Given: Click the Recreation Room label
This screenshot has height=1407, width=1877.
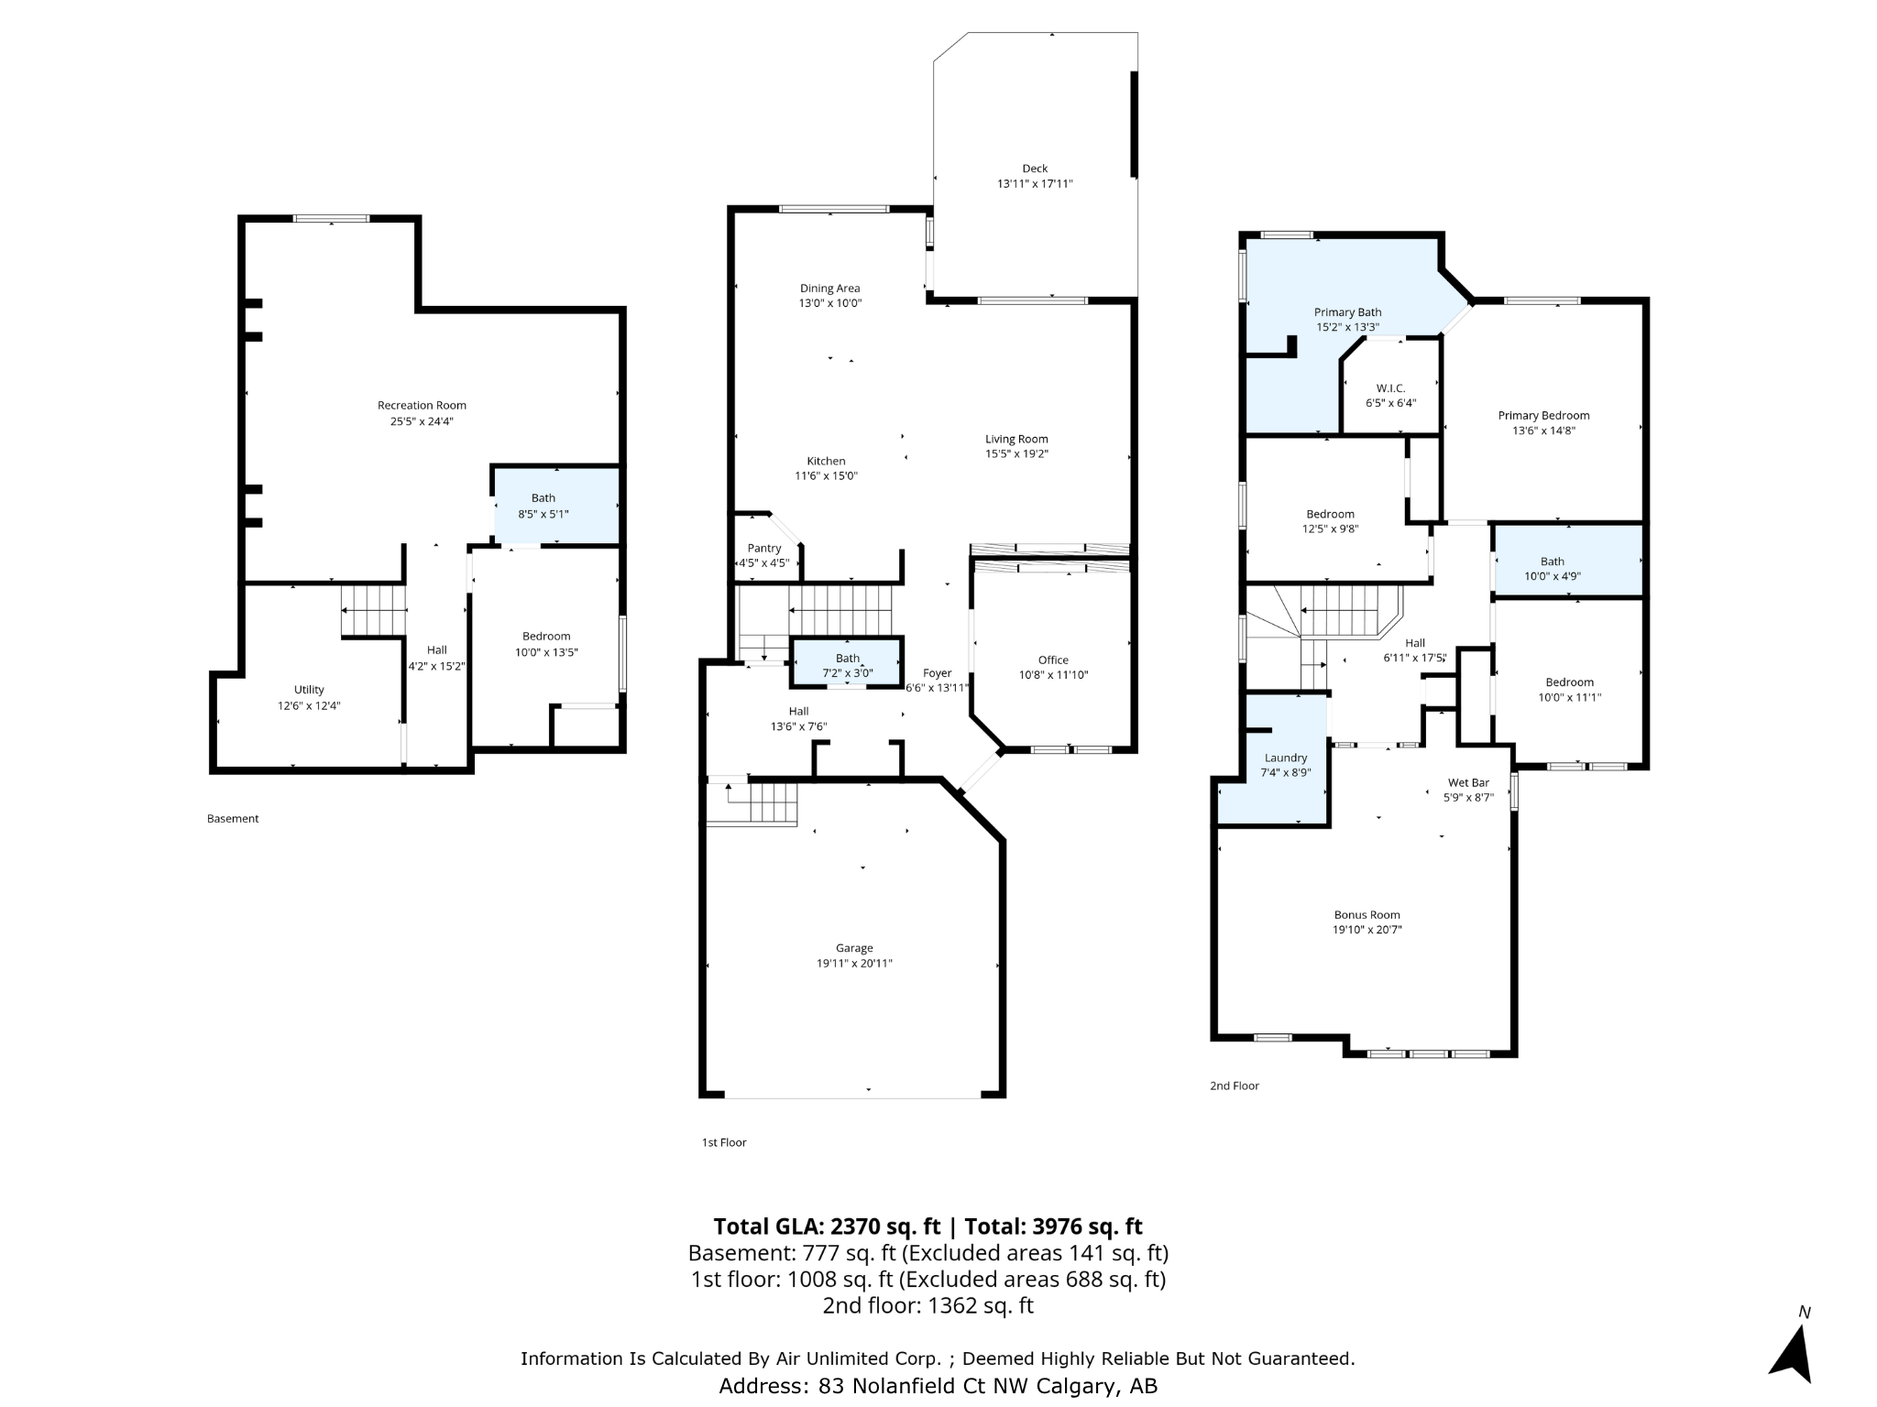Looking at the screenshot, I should click(x=422, y=405).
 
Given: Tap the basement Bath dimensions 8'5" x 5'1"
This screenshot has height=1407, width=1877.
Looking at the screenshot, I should click(x=543, y=514).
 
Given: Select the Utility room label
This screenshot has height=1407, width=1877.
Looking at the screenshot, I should click(x=309, y=690).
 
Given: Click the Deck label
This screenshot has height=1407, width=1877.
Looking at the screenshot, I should click(x=1035, y=169).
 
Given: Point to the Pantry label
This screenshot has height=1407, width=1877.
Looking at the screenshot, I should click(x=764, y=548).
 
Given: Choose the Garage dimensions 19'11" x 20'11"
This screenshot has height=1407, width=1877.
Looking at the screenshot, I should click(x=854, y=963).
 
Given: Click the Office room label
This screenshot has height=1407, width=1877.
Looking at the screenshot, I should click(x=1053, y=660).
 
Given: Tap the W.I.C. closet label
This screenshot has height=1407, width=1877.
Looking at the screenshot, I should click(x=1390, y=388).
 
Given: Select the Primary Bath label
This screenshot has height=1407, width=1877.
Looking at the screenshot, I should click(x=1347, y=312).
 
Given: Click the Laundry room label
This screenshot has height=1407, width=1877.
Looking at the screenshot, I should click(x=1286, y=758).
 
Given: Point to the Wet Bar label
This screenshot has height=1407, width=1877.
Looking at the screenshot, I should click(x=1468, y=782).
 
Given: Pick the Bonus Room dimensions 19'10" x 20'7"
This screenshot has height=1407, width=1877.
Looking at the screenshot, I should click(x=1367, y=930).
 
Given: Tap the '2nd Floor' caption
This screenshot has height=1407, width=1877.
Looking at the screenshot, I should click(x=1235, y=1085).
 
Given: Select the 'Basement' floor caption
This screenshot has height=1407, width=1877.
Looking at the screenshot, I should click(x=233, y=819).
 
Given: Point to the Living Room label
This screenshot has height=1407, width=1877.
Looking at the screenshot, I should click(x=1016, y=439).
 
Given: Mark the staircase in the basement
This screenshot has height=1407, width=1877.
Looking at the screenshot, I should click(x=373, y=610).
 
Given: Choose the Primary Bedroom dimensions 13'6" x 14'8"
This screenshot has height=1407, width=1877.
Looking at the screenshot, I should click(x=1543, y=431).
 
